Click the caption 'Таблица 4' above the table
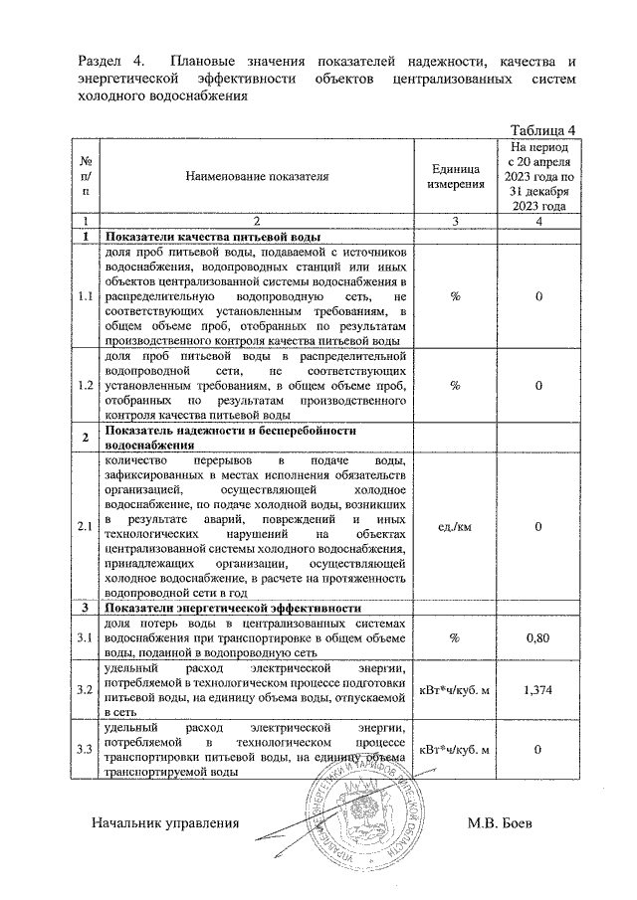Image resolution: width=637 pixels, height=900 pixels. tap(542, 130)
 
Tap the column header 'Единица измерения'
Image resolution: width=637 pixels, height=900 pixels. tap(455, 177)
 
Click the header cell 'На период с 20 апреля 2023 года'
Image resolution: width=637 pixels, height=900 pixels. tap(537, 176)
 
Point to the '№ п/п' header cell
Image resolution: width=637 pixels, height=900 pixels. tap(87, 176)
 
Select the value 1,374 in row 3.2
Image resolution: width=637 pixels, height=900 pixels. tap(537, 687)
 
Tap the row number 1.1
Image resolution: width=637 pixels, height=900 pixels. tap(87, 296)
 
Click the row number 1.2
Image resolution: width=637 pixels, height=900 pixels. tap(87, 385)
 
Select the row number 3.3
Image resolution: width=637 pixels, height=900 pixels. tap(87, 750)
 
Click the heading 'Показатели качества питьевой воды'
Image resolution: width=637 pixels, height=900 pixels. tap(213, 237)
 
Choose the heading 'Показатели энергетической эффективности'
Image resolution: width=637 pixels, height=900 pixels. tap(235, 607)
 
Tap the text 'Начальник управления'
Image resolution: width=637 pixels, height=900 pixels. tap(166, 824)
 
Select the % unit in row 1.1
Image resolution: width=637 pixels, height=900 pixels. tap(455, 296)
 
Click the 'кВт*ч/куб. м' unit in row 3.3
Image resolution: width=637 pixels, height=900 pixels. tap(455, 750)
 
